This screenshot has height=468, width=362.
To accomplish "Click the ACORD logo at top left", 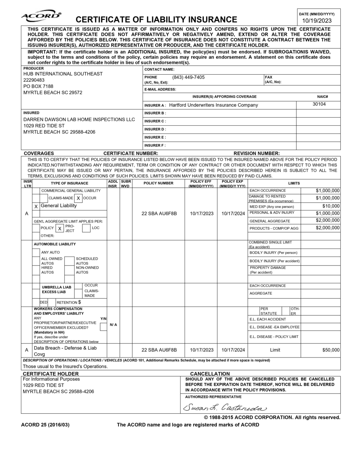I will (41, 16).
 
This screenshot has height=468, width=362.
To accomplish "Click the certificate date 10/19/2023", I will (317, 21).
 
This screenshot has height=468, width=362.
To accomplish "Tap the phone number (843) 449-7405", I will (188, 77).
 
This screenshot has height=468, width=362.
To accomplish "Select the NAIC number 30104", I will (319, 104).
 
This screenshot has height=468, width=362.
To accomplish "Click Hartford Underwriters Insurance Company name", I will (213, 105).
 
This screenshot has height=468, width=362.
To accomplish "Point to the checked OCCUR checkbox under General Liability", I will (78, 198).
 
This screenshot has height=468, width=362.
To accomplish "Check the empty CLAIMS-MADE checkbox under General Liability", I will (44, 198).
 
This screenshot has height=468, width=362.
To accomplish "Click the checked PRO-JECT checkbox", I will (60, 228).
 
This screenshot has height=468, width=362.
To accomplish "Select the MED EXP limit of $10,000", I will (331, 206).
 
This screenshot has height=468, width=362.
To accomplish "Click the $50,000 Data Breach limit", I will (331, 350).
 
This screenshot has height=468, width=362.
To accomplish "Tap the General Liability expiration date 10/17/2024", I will (233, 213).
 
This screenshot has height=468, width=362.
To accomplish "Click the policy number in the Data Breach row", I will (159, 350).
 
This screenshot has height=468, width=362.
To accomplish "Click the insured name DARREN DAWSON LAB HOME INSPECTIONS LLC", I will (79, 119).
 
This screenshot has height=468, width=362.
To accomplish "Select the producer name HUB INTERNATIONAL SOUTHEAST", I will (63, 74).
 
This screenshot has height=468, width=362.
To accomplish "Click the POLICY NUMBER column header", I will (158, 183).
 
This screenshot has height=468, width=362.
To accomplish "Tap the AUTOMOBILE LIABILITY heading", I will (55, 244).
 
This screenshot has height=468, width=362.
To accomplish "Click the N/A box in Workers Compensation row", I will (113, 325).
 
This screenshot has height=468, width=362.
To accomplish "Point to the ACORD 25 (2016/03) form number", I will (45, 425).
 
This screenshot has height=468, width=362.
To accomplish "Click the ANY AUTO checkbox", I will (36, 252).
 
